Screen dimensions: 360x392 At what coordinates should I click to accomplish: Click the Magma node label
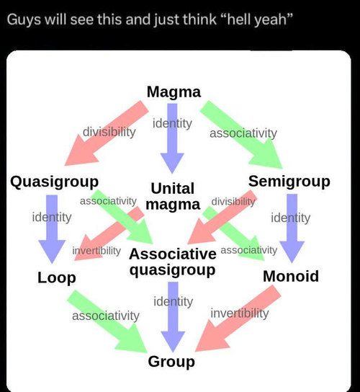coord(174,92)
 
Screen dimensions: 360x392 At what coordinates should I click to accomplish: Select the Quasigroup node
coord(54,182)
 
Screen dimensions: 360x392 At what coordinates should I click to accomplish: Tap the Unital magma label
coord(173,196)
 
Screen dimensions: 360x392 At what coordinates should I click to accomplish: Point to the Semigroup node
coord(289,182)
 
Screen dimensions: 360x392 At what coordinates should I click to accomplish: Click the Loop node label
coord(57,278)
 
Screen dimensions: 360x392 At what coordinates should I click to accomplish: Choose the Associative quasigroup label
coord(173,262)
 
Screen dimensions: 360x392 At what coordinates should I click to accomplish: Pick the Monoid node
coord(291,276)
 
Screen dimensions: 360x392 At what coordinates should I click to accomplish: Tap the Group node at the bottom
coord(171,362)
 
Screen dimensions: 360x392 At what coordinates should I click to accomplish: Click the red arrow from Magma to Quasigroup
coord(107,133)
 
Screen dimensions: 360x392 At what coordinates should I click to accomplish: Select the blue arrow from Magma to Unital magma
coord(172,138)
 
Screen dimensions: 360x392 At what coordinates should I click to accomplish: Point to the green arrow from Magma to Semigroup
coord(241,135)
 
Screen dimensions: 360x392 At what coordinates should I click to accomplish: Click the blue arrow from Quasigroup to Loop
coord(52,228)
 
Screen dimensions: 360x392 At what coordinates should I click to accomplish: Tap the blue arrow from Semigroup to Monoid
coord(292,228)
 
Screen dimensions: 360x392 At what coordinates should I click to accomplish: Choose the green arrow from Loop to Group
coord(107,321)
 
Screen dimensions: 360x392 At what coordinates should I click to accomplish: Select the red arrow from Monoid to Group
coord(238,318)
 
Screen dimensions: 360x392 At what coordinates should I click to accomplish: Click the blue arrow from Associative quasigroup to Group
coord(173,317)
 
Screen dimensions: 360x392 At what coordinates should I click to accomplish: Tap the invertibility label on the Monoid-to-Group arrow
coord(240,313)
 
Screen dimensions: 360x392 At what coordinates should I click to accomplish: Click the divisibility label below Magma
coord(109,132)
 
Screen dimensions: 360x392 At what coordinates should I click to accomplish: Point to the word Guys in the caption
coord(24,19)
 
